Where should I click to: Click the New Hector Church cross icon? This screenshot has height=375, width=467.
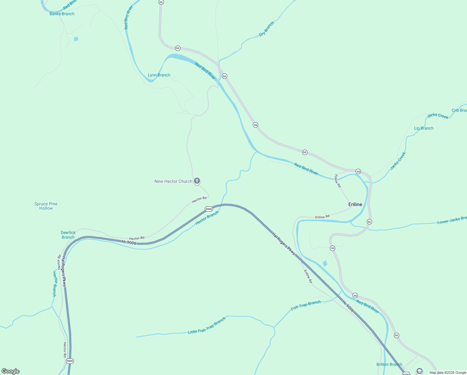point(197,181)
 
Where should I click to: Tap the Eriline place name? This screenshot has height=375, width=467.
point(355,204)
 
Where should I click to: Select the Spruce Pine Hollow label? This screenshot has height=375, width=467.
point(46,206)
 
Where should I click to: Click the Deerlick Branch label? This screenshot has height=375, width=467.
point(68,235)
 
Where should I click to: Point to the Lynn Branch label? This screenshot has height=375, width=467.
point(159,75)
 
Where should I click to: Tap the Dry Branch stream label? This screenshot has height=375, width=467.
point(267,29)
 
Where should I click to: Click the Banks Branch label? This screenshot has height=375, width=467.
point(62,14)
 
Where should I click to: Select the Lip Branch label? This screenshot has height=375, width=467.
point(424,128)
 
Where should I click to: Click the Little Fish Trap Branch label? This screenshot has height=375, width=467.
point(207,326)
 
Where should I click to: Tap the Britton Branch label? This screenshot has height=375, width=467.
point(389,364)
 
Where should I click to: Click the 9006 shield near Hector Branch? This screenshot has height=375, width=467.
point(209,209)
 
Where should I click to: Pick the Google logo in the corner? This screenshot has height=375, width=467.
point(11,371)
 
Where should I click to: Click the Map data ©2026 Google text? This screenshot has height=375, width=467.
point(448,372)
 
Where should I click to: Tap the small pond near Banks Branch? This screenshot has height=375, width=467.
point(76,39)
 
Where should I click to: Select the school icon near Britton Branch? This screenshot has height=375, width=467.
point(420,371)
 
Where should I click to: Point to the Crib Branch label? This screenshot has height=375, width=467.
point(459,110)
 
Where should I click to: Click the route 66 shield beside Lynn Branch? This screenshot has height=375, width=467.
point(178,48)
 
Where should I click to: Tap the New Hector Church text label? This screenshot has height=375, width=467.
point(173,181)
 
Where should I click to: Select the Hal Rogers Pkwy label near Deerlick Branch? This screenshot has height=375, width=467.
point(64,272)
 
